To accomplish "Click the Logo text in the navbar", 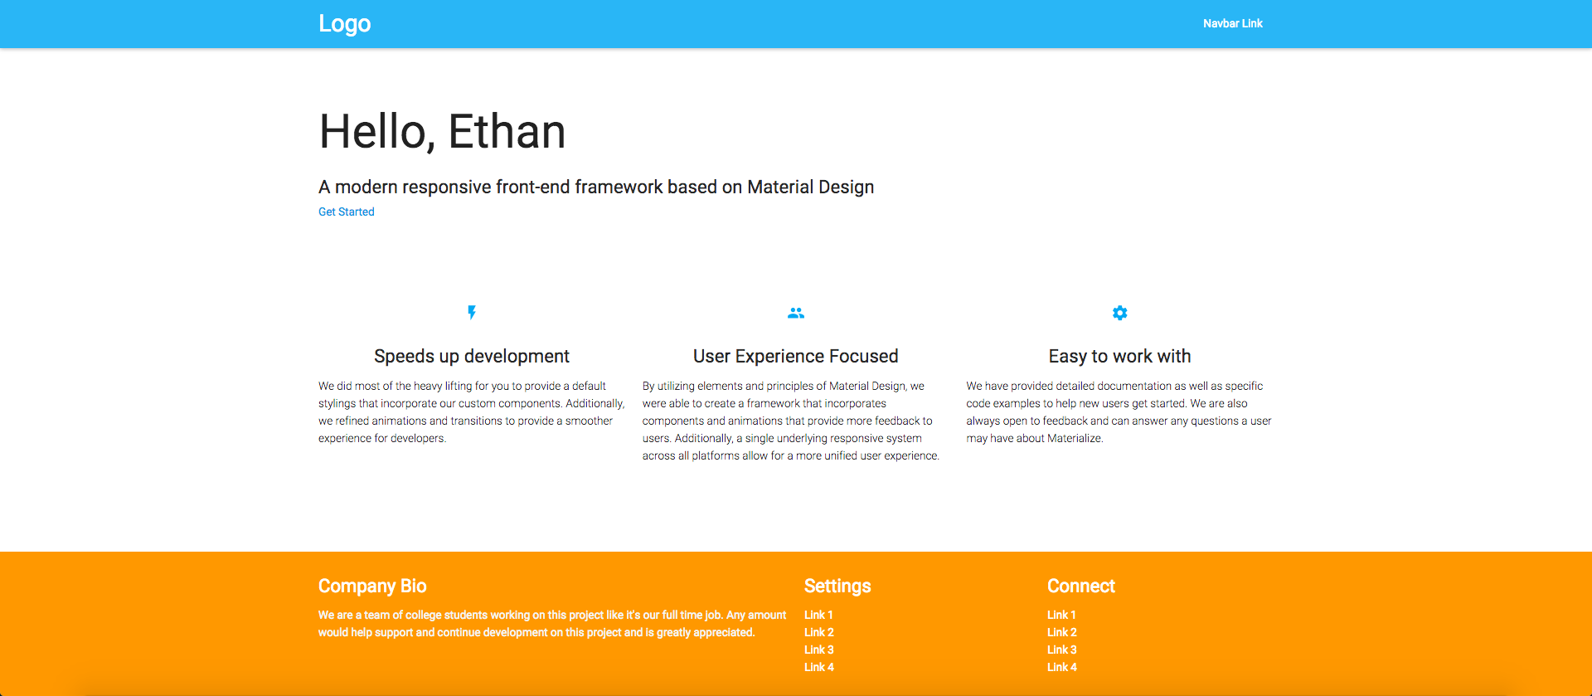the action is pyautogui.click(x=345, y=24).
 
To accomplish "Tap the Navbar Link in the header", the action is pyautogui.click(x=1232, y=23).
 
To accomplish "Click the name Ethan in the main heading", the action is pyautogui.click(x=507, y=131).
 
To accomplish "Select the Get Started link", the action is pyautogui.click(x=347, y=212).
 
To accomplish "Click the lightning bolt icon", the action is pyautogui.click(x=472, y=313).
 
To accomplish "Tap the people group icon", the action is pyautogui.click(x=796, y=313).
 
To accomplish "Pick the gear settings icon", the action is pyautogui.click(x=1120, y=313).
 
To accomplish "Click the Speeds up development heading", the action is pyautogui.click(x=472, y=356).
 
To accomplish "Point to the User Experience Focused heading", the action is pyautogui.click(x=796, y=356).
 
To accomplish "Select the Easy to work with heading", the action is pyautogui.click(x=1119, y=356).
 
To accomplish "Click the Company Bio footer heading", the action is pyautogui.click(x=372, y=586).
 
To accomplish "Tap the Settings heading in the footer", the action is pyautogui.click(x=837, y=586).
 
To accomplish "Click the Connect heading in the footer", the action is pyautogui.click(x=1081, y=586).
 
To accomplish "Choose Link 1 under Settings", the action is pyautogui.click(x=818, y=615).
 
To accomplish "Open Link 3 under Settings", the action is pyautogui.click(x=819, y=650).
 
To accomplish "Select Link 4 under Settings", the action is pyautogui.click(x=819, y=667).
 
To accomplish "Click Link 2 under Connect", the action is pyautogui.click(x=1062, y=632).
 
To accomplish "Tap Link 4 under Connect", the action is pyautogui.click(x=1062, y=667).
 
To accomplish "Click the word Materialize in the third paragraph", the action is pyautogui.click(x=1075, y=438).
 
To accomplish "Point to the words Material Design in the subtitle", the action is pyautogui.click(x=811, y=187).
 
